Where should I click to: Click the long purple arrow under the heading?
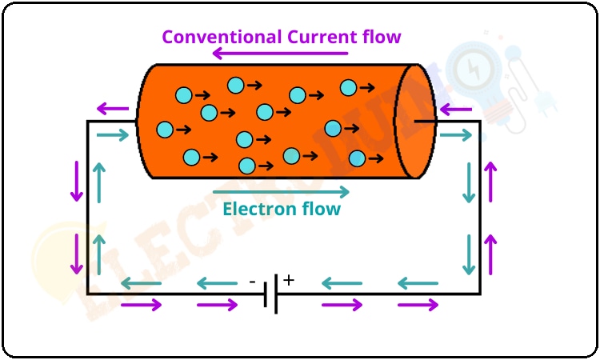(280, 54)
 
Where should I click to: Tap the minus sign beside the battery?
(252, 282)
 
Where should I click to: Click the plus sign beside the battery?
(289, 281)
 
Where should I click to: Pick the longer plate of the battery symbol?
(277, 294)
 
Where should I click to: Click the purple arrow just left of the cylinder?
(112, 108)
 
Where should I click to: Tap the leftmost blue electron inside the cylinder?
(165, 129)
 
